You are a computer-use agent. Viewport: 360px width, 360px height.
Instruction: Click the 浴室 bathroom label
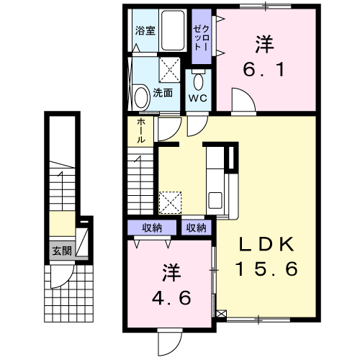(145, 30)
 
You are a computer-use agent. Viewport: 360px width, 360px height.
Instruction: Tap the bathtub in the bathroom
(173, 30)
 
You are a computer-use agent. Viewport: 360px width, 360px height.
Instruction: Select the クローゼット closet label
(202, 38)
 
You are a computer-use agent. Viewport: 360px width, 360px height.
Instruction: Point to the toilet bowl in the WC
(198, 81)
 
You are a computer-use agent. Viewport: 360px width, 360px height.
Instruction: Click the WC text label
(198, 98)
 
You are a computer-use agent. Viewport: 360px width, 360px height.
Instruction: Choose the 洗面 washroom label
(163, 93)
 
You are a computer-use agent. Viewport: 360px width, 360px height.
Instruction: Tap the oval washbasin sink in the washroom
(141, 97)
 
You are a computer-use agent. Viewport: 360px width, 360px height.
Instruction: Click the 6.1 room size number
(264, 69)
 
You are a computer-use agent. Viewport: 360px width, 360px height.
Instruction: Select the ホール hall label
(141, 131)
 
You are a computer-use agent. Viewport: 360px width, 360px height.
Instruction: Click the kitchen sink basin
(215, 200)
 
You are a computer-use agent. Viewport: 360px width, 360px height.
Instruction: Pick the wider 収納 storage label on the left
(152, 228)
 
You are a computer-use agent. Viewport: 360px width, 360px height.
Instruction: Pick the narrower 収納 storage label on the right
(197, 228)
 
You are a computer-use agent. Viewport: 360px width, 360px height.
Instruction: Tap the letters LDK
(266, 244)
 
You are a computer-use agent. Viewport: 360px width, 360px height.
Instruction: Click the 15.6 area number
(266, 269)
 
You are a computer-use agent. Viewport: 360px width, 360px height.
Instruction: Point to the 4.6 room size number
(171, 298)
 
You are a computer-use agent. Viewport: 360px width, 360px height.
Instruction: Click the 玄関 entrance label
(62, 251)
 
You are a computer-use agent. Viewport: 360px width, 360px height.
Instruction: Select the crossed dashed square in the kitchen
(170, 202)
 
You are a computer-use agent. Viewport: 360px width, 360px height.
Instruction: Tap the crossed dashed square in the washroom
(170, 69)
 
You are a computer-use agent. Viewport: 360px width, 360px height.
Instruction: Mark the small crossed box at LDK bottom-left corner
(222, 314)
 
